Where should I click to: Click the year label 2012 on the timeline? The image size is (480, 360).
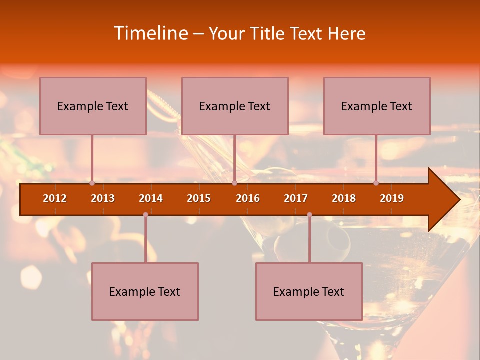click(x=55, y=198)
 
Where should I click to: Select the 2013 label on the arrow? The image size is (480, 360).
click(x=103, y=198)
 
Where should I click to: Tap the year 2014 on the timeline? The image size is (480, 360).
click(x=151, y=198)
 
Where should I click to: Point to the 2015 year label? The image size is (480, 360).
click(x=199, y=198)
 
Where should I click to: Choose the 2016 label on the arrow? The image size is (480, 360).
click(x=248, y=198)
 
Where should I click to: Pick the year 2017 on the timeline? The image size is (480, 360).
click(x=296, y=198)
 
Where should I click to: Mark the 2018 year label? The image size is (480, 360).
click(x=344, y=198)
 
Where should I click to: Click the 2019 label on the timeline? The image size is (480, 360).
click(x=392, y=198)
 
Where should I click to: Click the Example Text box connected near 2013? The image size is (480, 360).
click(x=93, y=106)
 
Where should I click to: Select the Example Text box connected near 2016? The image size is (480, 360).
click(x=235, y=106)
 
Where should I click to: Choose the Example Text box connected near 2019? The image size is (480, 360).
click(x=377, y=106)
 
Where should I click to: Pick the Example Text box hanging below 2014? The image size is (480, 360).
click(x=145, y=291)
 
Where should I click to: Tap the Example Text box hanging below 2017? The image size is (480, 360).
click(x=309, y=291)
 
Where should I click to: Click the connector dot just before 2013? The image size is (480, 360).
click(x=92, y=183)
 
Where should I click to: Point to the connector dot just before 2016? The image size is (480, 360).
click(x=234, y=183)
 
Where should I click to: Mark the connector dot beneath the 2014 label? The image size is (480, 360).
click(x=145, y=214)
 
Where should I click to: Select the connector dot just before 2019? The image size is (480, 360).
click(x=376, y=183)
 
